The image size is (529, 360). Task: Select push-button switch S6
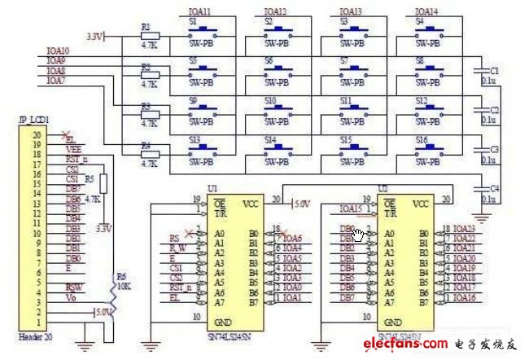(x=280, y=76)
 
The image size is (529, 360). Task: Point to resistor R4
(x=149, y=154)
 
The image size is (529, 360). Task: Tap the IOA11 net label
(x=199, y=12)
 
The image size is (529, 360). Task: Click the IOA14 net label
(x=426, y=12)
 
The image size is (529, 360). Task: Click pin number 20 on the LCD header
(x=36, y=134)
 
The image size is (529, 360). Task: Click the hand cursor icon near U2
(x=359, y=235)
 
